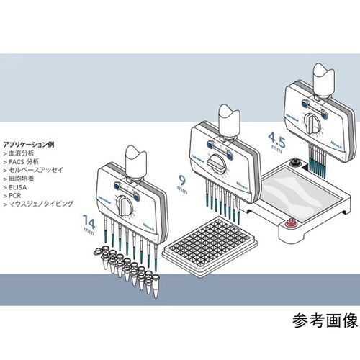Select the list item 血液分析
22,154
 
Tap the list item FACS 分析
25,164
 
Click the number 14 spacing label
87,220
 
